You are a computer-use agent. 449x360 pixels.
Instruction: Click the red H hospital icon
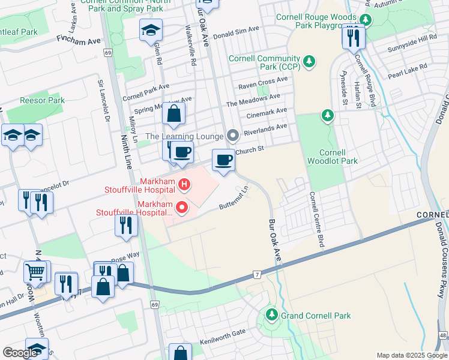click(184, 183)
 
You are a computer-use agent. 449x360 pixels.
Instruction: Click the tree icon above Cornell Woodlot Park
click(327, 115)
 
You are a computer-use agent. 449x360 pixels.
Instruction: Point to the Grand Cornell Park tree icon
click(271, 315)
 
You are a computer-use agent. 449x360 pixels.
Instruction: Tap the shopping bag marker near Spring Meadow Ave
click(173, 114)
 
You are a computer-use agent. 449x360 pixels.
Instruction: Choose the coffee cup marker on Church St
click(223, 161)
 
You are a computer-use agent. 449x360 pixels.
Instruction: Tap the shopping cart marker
click(35, 272)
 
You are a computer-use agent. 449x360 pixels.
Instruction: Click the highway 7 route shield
click(256, 275)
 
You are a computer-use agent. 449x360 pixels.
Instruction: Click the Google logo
click(20, 353)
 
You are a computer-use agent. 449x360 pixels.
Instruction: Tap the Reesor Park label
click(42, 100)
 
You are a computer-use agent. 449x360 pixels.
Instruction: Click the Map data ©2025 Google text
click(411, 355)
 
